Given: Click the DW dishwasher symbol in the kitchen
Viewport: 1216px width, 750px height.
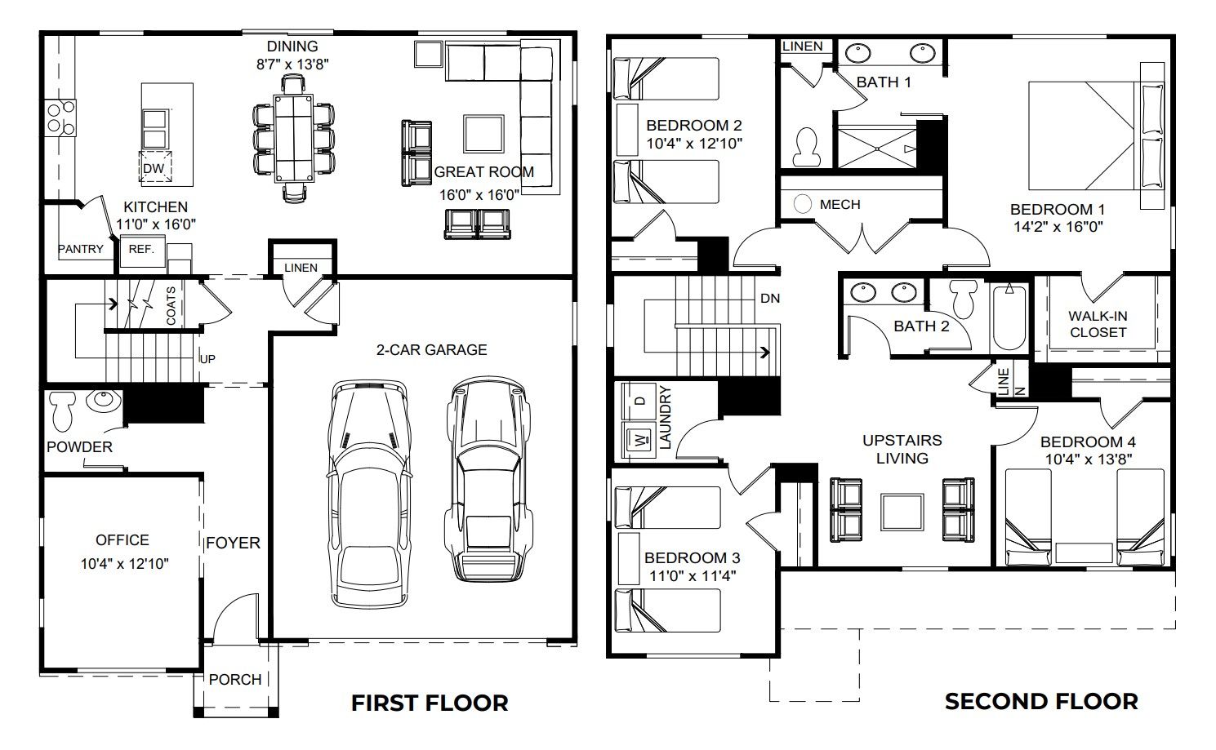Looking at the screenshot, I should [x=154, y=168].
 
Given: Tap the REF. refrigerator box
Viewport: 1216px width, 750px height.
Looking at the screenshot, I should [x=141, y=250].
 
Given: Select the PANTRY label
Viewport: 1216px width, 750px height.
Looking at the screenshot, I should [x=81, y=249].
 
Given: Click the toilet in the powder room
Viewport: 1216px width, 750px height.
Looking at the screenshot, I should [x=62, y=411].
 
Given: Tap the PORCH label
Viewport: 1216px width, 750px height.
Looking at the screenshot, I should [x=235, y=679].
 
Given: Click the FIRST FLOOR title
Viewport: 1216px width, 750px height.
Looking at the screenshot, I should [x=430, y=703].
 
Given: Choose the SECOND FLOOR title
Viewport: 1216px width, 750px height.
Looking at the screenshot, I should [x=1041, y=701].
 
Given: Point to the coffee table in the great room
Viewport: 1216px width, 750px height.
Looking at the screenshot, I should [x=483, y=133].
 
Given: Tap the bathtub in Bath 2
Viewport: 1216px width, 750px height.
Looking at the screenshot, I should [x=1010, y=318].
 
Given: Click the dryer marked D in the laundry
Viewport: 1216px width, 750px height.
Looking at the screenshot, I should [x=639, y=402].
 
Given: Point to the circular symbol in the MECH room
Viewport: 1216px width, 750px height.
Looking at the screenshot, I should [x=803, y=204].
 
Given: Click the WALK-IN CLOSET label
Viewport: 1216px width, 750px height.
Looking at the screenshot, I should [x=1098, y=324].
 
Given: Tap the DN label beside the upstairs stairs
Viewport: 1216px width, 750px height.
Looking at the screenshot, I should [x=769, y=299].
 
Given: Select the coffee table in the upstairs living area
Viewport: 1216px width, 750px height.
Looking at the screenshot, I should [x=902, y=511].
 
